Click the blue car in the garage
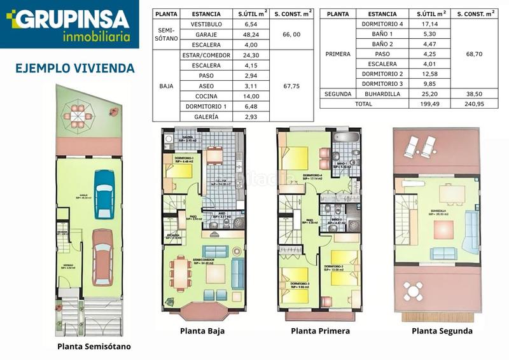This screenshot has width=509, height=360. point(104,193)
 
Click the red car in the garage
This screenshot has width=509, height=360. point(102,257)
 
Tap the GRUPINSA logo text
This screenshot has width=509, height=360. point(72,19)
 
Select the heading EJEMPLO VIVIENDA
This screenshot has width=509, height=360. point(74,67)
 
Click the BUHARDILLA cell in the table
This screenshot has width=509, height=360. point(382,93)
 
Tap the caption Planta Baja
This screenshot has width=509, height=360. point(202,331)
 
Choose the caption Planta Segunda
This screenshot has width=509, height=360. point(442,331)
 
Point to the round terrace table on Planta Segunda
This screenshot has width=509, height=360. point(414,292)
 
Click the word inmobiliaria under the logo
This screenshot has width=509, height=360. point(101,36)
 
